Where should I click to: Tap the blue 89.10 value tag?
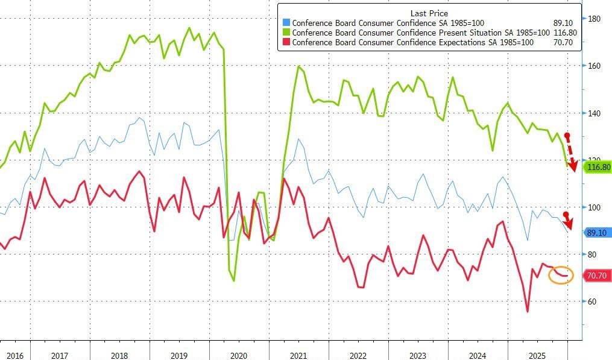click(x=598, y=232)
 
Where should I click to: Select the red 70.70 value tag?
click(x=597, y=276)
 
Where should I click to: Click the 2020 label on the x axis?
click(x=239, y=356)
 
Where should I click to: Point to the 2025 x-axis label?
click(x=537, y=356)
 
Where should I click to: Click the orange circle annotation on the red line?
click(x=561, y=275)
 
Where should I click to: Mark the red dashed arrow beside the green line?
click(x=571, y=151)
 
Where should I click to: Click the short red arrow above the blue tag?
click(x=568, y=220)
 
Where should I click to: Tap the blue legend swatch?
click(x=286, y=24)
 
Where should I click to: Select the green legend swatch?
click(x=286, y=33)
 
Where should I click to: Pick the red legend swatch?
click(x=286, y=43)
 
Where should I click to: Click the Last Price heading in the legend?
click(x=428, y=13)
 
